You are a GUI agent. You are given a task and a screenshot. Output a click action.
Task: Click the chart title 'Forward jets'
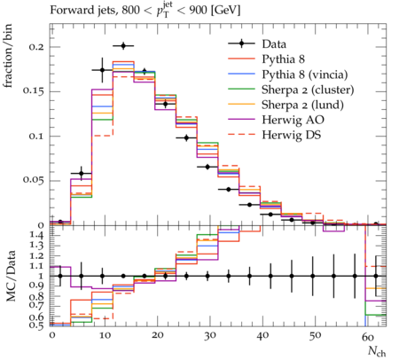pos(82,11)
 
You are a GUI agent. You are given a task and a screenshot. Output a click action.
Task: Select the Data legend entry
pos(274,44)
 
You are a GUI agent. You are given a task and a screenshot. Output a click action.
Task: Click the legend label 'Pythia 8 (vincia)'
pos(305,74)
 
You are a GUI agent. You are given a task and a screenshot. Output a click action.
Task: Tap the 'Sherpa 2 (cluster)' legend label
pos(308,90)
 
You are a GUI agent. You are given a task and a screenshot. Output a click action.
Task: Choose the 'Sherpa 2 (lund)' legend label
pos(302,105)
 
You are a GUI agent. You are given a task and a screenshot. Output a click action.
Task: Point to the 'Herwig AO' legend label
pos(293,120)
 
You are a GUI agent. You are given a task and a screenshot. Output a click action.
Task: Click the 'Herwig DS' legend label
pos(292,135)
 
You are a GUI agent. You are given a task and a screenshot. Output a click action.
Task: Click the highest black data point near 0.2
pos(123,46)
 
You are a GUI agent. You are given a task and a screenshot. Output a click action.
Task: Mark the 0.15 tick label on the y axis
pos(33,91)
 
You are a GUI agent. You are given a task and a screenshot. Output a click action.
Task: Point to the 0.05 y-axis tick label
pos(33,180)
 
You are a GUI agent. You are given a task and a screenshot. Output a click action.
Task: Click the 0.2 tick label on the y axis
pos(36,47)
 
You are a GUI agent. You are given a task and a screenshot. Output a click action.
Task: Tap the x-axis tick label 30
pos(209,335)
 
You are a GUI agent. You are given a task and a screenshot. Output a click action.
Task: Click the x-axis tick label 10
pos(105,335)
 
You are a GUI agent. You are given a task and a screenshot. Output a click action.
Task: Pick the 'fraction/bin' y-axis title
pos(8,56)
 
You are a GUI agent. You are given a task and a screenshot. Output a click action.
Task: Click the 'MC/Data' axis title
pos(11,276)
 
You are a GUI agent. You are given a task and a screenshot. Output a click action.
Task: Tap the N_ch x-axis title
pos(377,351)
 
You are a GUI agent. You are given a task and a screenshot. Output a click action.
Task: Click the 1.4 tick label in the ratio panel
pos(36,236)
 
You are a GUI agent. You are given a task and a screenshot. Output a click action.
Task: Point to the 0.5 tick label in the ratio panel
pos(36,325)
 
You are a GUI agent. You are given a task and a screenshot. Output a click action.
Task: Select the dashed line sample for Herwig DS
pos(241,135)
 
